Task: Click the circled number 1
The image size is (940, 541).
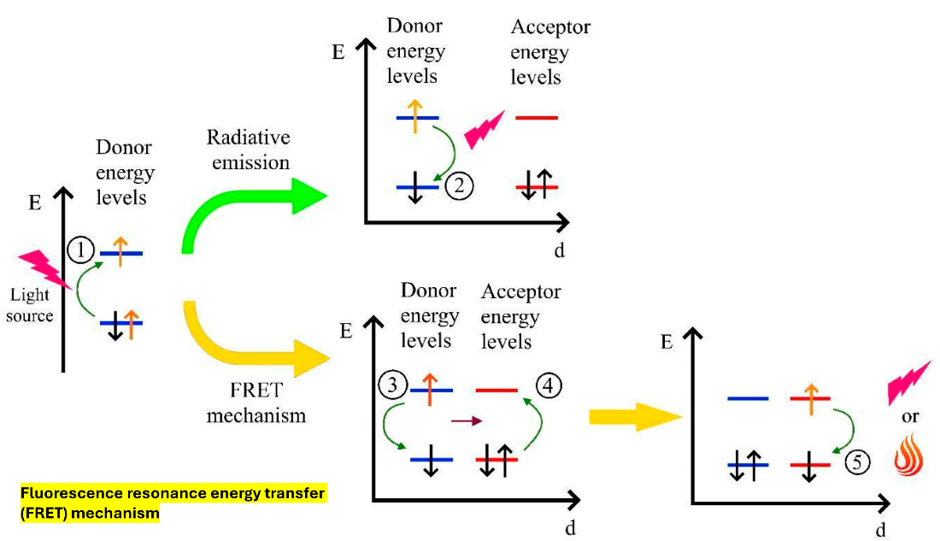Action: [x=81, y=250]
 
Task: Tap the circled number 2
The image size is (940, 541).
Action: [x=458, y=186]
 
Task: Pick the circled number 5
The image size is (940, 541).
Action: [x=857, y=463]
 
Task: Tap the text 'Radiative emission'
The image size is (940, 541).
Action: [x=250, y=150]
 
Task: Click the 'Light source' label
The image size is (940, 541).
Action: [x=32, y=305]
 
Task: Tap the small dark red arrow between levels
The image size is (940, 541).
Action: [x=466, y=420]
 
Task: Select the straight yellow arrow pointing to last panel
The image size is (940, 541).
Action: [x=633, y=416]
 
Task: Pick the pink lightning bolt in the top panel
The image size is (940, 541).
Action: [x=485, y=128]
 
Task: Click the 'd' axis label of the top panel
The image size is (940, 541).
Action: [x=559, y=250]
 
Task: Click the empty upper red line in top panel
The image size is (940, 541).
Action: [x=537, y=117]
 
